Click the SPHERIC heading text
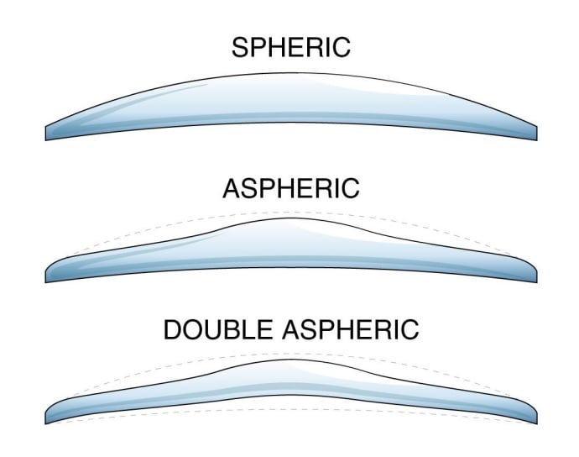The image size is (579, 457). click(x=290, y=48)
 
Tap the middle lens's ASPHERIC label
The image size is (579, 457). click(x=290, y=188)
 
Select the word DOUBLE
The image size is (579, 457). click(x=215, y=328)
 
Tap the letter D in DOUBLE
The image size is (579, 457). click(x=173, y=328)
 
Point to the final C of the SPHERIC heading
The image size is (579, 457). click(x=339, y=48)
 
